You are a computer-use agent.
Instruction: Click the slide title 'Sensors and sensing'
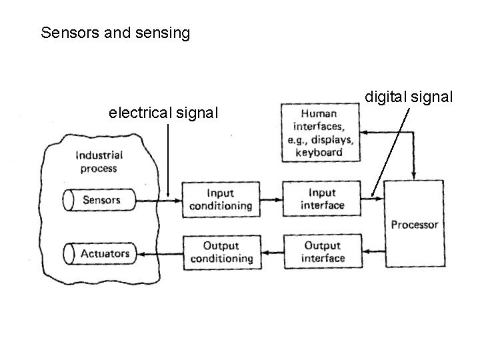[115, 33]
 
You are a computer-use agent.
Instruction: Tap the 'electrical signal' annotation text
[163, 113]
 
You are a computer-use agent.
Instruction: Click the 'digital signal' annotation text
[409, 97]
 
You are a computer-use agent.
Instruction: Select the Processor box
[414, 225]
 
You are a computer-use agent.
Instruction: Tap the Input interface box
[322, 199]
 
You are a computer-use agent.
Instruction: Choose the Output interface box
[322, 253]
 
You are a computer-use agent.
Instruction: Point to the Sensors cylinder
[100, 199]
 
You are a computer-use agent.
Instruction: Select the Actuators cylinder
[100, 253]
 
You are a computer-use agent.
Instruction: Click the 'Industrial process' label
[99, 162]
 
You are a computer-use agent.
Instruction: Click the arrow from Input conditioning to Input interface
[271, 199]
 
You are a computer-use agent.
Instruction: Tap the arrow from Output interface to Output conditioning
[271, 253]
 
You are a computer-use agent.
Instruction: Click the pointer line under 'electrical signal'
[168, 160]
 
